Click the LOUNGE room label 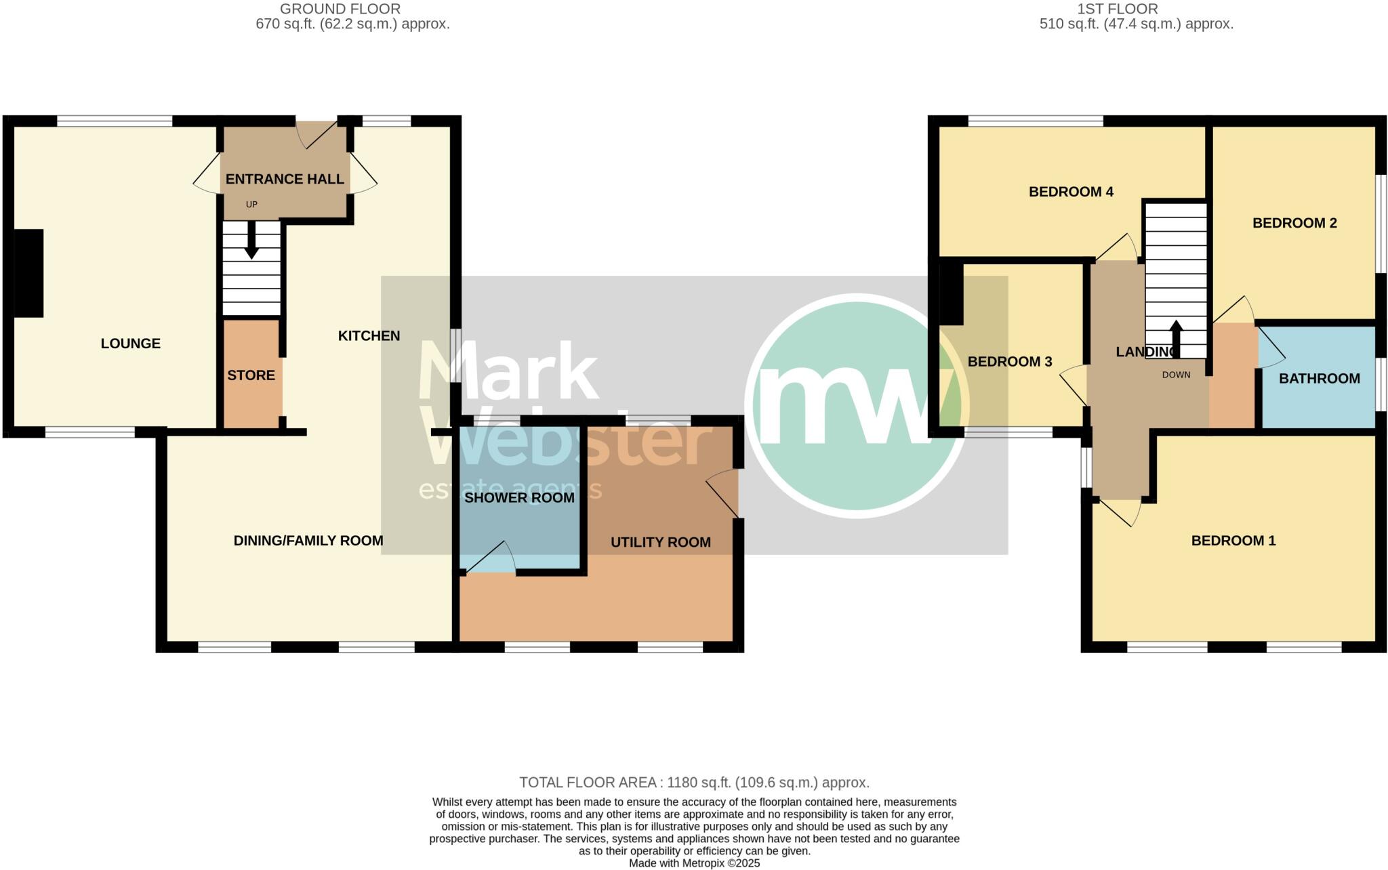130,344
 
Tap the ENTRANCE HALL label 285,179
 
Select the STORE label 251,375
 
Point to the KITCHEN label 369,335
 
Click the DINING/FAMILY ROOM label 308,541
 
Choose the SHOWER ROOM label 519,498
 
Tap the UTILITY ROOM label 660,542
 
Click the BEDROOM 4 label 1071,192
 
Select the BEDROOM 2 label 1294,223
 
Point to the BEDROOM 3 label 1009,362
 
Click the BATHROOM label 1319,379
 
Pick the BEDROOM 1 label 1233,541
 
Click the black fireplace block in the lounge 28,273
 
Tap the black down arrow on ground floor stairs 251,241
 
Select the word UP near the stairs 251,205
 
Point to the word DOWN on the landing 1176,375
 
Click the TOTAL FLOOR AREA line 694,783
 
